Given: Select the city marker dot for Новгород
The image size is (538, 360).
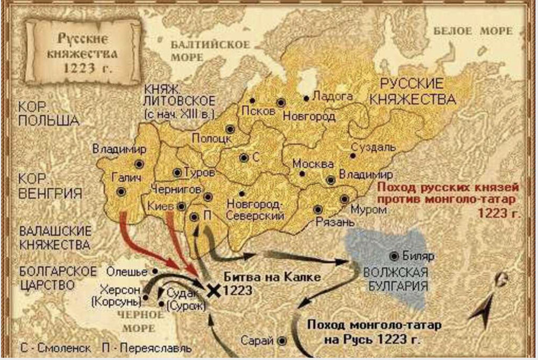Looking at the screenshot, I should coord(280,102).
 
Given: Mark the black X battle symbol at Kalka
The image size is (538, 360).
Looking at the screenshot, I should coord(214,291).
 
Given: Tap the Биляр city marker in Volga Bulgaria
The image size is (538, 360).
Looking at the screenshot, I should coord(395,256).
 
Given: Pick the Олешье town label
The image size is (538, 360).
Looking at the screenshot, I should coord(129,271).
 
